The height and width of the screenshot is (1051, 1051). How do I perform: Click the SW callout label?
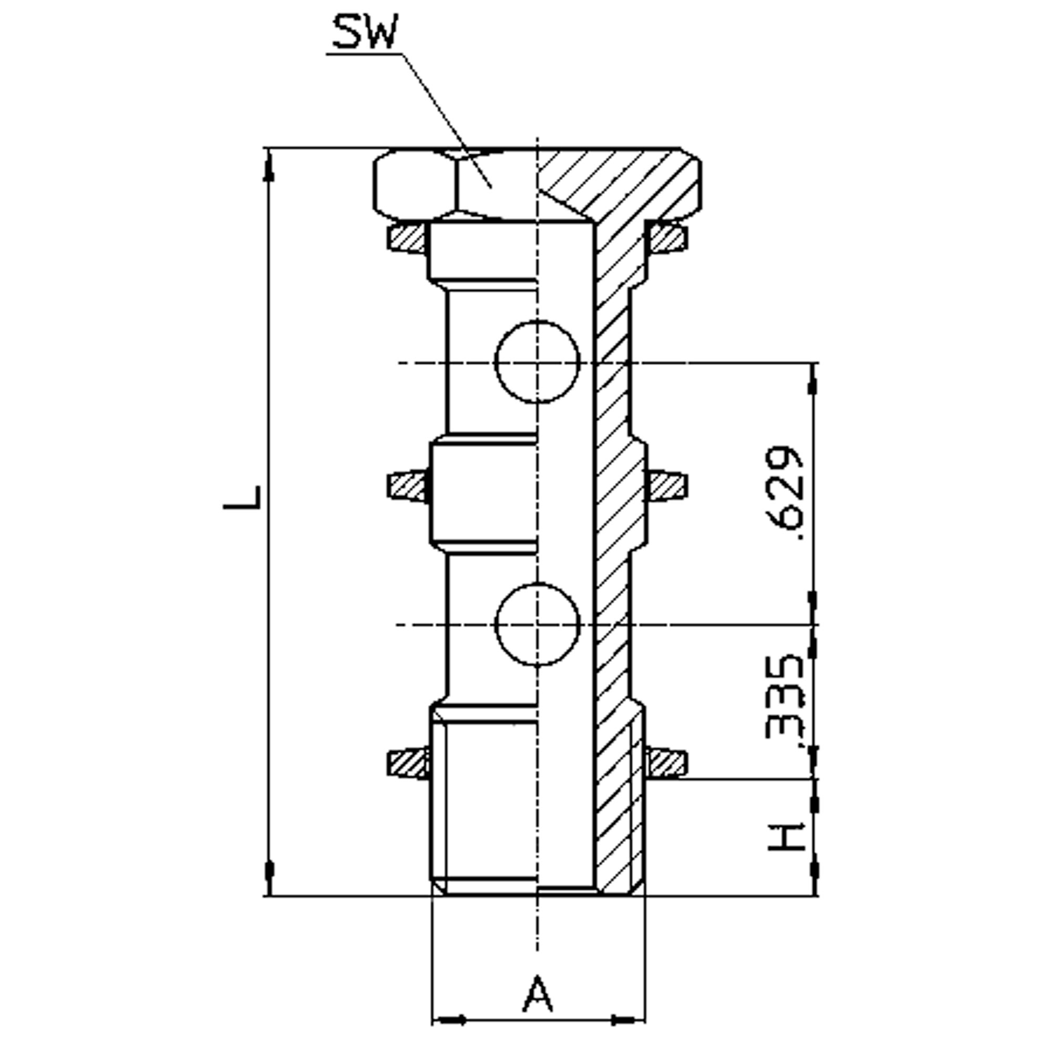point(365,32)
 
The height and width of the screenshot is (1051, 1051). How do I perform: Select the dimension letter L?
point(243,497)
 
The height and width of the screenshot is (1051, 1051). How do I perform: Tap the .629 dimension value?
point(784,493)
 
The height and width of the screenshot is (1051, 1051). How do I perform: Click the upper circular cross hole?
point(538,362)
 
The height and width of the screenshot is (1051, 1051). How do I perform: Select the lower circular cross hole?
point(538,624)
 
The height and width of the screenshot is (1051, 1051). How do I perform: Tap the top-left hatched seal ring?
point(406,238)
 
